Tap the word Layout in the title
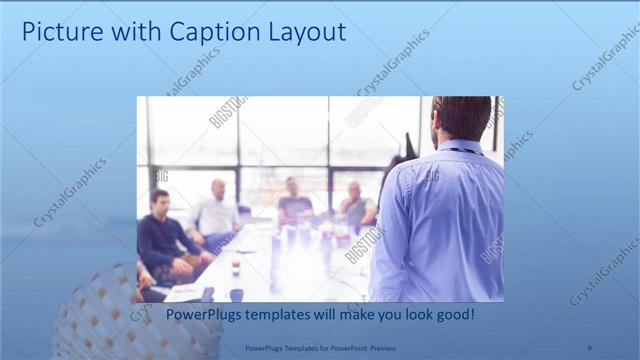tap(306, 32)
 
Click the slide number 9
tap(589, 347)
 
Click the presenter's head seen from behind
tap(461, 117)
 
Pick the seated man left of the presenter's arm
tap(355, 205)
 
